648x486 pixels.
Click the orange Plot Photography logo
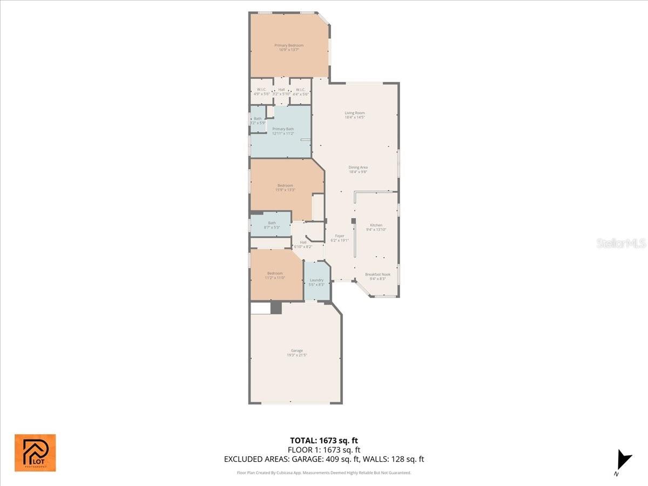pyautogui.click(x=35, y=453)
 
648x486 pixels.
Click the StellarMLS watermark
pyautogui.click(x=620, y=244)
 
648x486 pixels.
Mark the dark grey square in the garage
pyautogui.click(x=276, y=308)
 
